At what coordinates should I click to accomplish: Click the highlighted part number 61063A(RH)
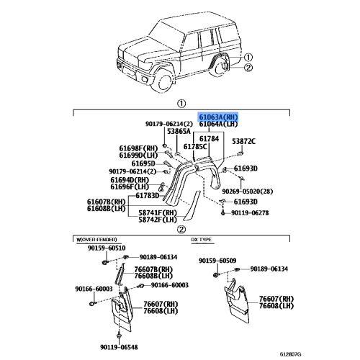click(218, 117)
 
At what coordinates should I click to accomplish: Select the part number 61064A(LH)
click(218, 124)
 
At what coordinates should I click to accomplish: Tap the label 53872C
click(243, 141)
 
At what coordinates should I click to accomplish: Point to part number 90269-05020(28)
click(248, 192)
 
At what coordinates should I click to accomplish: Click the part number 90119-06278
click(250, 212)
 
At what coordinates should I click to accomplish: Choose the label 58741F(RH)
click(158, 212)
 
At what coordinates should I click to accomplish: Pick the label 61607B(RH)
click(107, 202)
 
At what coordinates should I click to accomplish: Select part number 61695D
click(143, 163)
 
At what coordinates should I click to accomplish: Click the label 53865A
click(179, 131)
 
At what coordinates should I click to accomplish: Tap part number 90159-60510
click(107, 248)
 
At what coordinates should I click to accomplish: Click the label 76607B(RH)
click(153, 269)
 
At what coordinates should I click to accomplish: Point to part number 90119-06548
click(119, 347)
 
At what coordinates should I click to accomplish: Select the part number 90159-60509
click(217, 261)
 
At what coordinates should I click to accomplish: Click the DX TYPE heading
click(202, 240)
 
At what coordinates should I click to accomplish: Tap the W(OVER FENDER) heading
click(96, 240)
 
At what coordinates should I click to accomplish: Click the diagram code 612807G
click(290, 354)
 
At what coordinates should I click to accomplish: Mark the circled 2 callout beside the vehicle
click(248, 68)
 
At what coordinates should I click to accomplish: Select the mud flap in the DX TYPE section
click(236, 300)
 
